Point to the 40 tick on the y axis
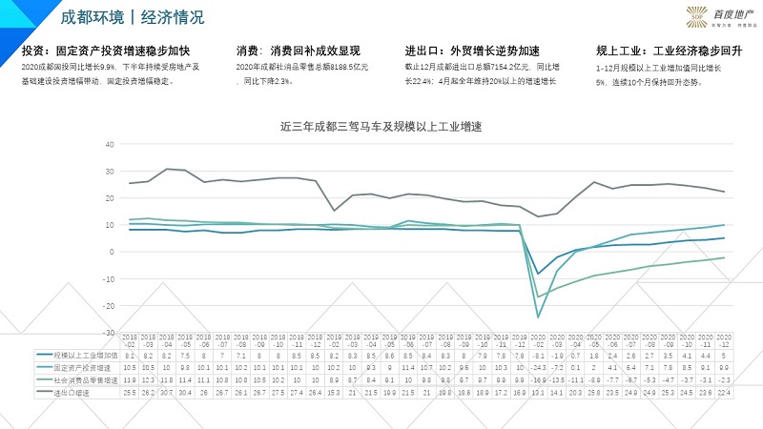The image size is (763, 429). (110, 145)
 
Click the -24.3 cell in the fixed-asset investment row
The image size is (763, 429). (539, 366)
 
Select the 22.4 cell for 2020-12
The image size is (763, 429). (724, 391)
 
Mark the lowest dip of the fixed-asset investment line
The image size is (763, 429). (539, 317)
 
